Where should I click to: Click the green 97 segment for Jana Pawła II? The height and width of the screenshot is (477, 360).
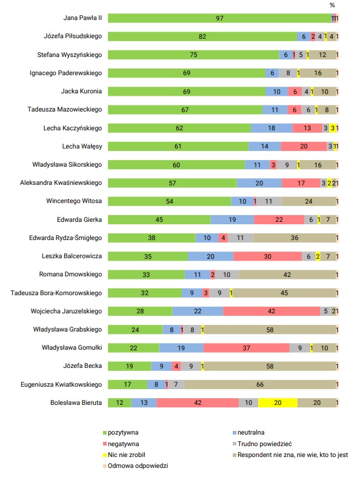(x=220, y=18)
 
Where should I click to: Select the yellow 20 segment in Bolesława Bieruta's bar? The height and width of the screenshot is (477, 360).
(x=278, y=403)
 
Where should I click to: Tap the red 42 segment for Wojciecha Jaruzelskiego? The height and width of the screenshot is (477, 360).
(x=272, y=311)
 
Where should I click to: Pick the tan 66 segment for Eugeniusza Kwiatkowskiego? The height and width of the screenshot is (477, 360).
(x=260, y=384)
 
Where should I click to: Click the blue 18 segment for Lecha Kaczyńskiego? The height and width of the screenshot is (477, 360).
(x=272, y=128)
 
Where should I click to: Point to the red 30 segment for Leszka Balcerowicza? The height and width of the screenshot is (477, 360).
(x=268, y=256)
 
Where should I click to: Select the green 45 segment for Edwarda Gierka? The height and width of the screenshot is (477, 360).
(x=159, y=219)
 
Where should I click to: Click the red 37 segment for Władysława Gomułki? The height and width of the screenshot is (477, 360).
(x=247, y=348)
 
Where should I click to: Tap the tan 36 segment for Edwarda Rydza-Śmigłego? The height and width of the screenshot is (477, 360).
(x=295, y=238)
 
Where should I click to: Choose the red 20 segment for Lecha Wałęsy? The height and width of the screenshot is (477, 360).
(x=304, y=146)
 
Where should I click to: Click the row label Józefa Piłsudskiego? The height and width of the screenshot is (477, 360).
(x=73, y=36)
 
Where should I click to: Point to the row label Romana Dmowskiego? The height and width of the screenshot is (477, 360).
(x=70, y=275)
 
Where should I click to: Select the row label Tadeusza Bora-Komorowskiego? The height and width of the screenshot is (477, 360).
(x=56, y=293)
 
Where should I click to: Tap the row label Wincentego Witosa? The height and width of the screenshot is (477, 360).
(x=74, y=201)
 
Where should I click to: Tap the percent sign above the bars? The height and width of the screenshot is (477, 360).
(x=332, y=5)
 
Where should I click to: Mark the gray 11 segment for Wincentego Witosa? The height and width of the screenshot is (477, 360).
(x=268, y=201)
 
